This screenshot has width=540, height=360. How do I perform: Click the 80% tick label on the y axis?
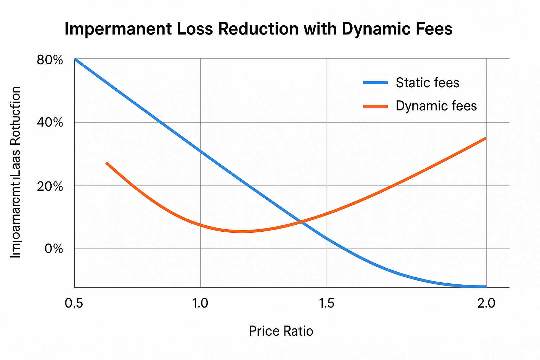click(x=50, y=60)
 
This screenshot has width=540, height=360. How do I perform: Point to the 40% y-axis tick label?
click(x=50, y=123)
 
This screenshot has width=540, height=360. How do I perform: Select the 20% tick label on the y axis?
click(x=50, y=186)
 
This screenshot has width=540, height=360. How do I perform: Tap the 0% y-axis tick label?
click(x=54, y=249)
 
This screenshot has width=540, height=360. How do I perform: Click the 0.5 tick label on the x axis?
click(x=74, y=303)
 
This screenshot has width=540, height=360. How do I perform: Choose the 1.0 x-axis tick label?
click(x=200, y=303)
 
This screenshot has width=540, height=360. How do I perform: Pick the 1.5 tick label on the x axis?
click(x=326, y=303)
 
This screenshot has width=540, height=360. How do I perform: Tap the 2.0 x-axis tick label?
click(x=486, y=303)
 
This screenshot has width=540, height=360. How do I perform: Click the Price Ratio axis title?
click(x=281, y=331)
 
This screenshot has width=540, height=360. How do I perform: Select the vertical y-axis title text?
click(x=15, y=172)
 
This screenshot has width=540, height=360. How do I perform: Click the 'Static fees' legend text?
click(x=427, y=83)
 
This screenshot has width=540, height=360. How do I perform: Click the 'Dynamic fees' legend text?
click(x=436, y=106)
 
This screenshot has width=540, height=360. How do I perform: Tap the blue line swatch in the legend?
click(x=375, y=83)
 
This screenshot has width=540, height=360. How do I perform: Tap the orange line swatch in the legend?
click(x=375, y=106)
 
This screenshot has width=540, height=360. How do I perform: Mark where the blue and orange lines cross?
click(x=301, y=221)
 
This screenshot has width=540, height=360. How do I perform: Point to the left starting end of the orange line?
click(x=107, y=163)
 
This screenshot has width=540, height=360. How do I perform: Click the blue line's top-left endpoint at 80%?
click(x=75, y=59)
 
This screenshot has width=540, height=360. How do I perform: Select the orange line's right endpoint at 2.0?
click(x=485, y=139)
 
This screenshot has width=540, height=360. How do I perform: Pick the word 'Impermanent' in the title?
click(x=118, y=29)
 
